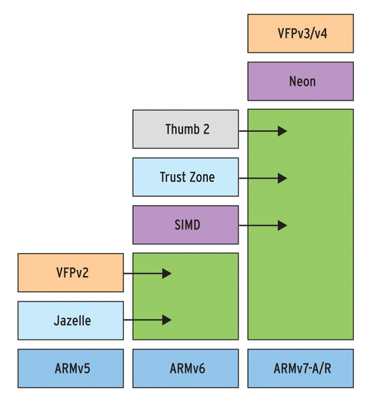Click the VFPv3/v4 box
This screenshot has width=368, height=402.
coord(300,33)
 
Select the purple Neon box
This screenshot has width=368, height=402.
coord(300,81)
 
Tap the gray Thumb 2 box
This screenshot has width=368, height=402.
coord(186,129)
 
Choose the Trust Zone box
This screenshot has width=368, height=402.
coord(186,177)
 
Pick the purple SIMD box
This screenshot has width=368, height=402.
coord(186,225)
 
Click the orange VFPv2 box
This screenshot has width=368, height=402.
coord(70,273)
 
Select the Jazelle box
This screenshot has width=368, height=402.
coord(70,321)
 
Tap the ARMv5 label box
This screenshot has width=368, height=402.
coord(70,368)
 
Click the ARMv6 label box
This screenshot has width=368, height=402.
coord(186,368)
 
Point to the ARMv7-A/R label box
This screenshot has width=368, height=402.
coord(300,368)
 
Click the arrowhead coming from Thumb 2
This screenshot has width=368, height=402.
coord(282,131)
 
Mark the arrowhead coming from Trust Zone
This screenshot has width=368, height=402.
coord(282,178)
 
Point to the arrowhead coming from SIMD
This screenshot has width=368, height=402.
coord(282,226)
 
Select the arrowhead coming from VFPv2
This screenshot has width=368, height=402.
coord(167,273)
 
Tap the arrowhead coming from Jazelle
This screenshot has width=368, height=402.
coord(167,320)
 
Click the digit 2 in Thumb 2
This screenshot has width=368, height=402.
coord(206,129)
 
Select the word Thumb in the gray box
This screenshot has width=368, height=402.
coord(182,129)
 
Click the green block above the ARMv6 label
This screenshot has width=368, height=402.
coord(186,296)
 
